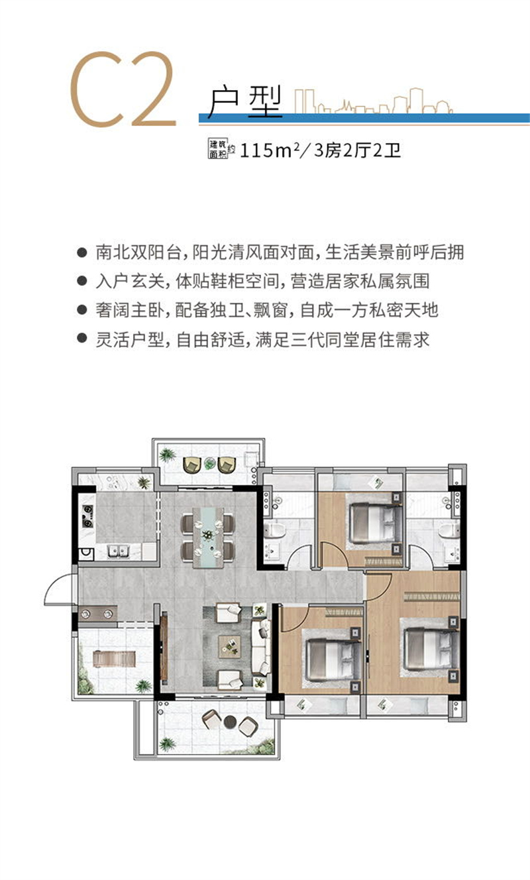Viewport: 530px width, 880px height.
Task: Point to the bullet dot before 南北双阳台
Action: (x=82, y=253)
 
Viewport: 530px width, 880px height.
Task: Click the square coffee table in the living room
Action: (x=230, y=642)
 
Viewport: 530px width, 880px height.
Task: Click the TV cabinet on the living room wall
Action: (x=163, y=642)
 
